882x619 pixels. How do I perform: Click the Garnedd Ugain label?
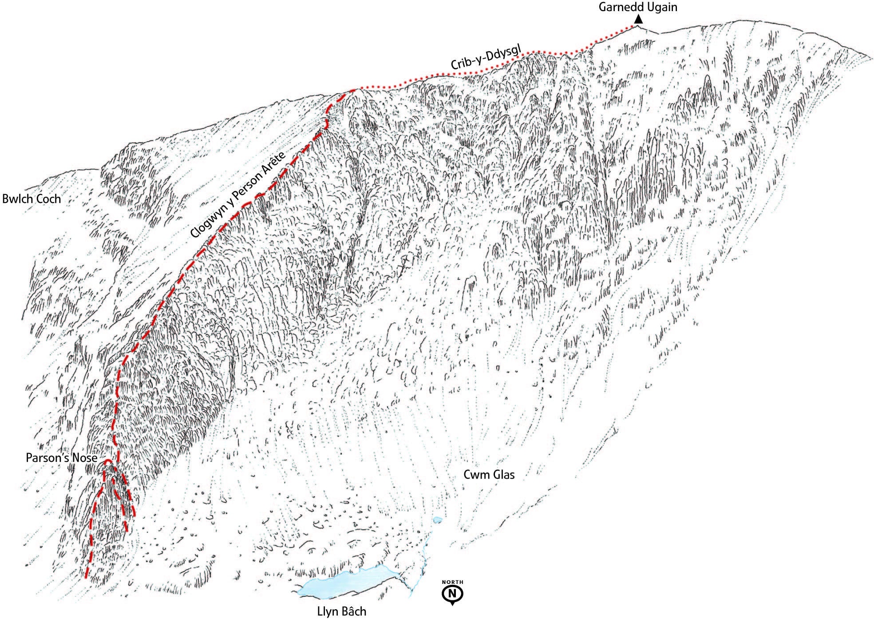point(638,7)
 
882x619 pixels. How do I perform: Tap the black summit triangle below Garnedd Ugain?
point(638,20)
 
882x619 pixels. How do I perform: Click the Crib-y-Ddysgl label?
point(485,56)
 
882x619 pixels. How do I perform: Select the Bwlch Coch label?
point(32,198)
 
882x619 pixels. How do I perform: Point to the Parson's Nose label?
point(61,457)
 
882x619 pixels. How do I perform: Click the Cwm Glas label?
point(489,475)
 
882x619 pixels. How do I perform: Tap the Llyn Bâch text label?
point(342,611)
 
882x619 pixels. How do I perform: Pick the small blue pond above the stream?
point(437,519)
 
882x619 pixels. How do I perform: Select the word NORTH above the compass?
point(452,582)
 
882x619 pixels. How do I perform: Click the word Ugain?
point(661,7)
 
